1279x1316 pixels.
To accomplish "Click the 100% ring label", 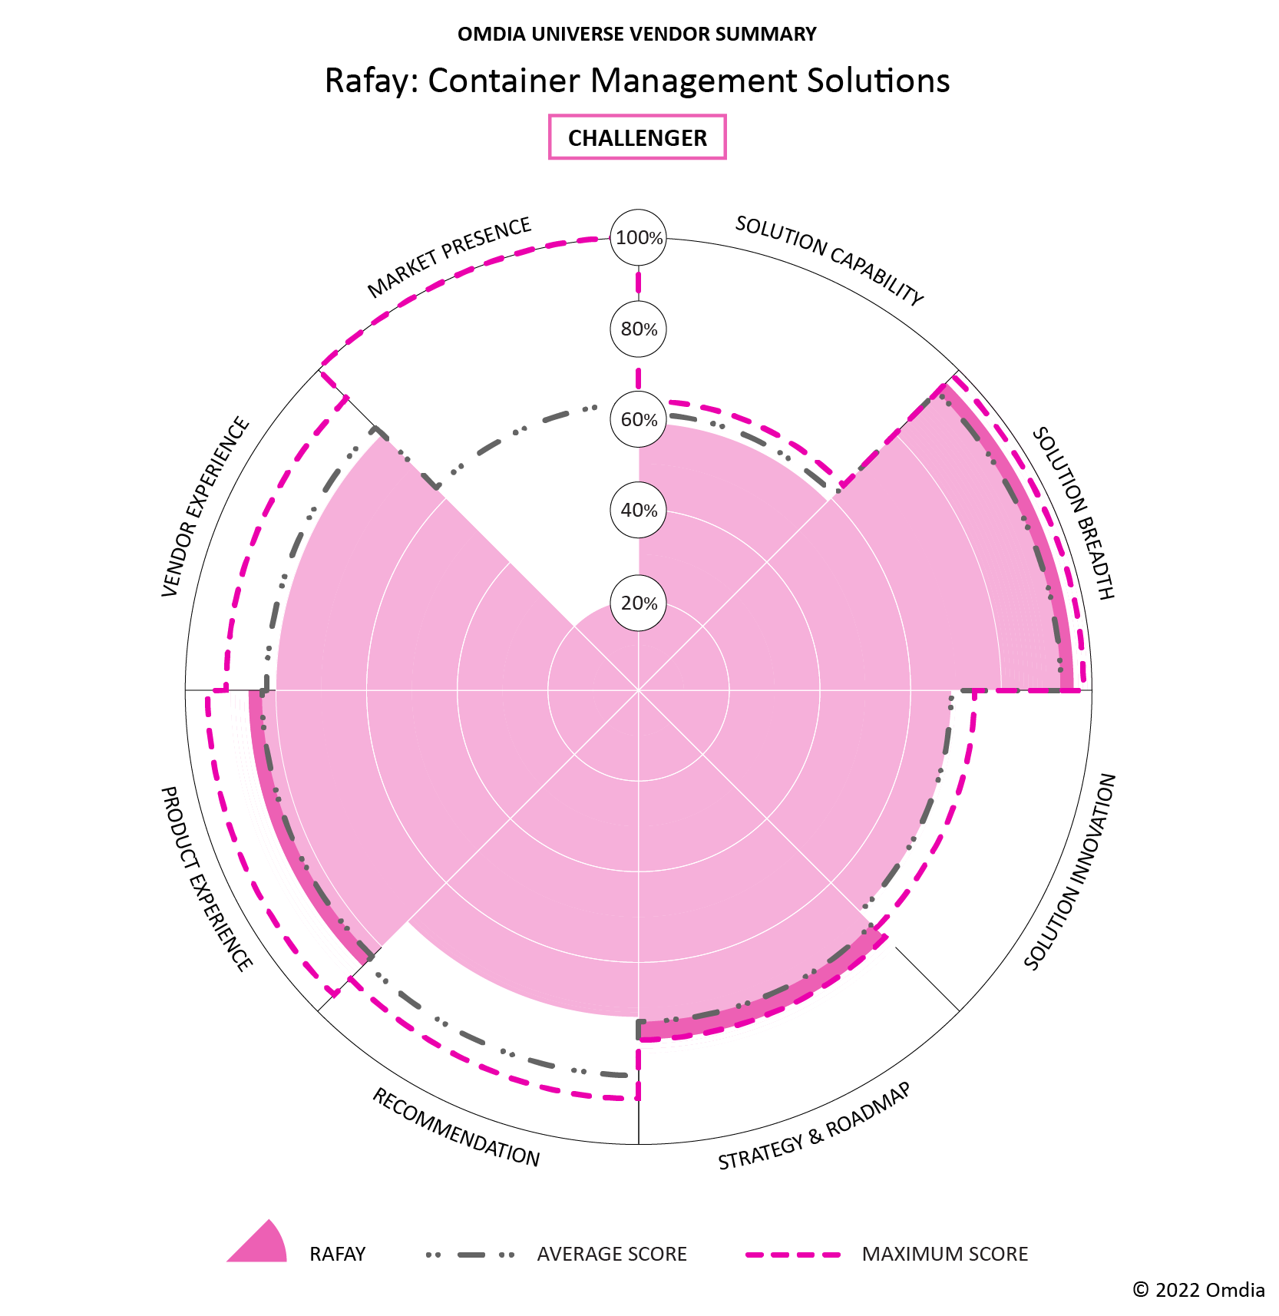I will pos(639,238).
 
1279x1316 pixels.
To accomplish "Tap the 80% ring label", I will pos(639,329).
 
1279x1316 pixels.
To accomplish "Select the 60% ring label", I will pos(639,420).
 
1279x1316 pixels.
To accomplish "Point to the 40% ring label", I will pos(639,511).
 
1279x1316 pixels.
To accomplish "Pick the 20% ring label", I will pos(639,603).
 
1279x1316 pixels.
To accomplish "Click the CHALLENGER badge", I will pos(637,137).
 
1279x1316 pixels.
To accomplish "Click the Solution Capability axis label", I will pos(829,260).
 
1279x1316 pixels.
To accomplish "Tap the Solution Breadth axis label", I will pos(1073,513).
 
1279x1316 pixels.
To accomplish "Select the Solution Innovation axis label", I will pos(1070,871).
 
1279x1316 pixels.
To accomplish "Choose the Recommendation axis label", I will pos(456,1127).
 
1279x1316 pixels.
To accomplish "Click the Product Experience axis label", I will pos(206,878).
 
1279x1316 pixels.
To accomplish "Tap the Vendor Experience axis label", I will pos(206,507).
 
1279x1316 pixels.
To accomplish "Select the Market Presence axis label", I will pos(449,257).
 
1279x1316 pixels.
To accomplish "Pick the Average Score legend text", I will pos(612,1254).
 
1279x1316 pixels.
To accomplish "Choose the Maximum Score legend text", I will pos(944,1254).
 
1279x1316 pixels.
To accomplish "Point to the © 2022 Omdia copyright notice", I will pos(1198,1290).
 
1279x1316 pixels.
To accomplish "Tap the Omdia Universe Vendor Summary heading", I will pos(637,35).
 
